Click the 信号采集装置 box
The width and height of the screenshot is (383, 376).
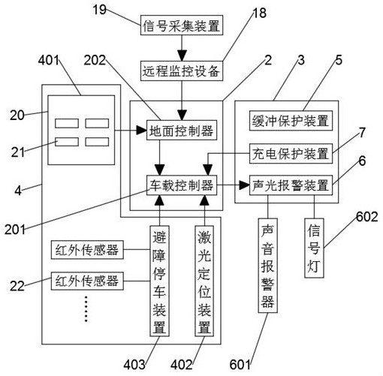(x=182, y=26)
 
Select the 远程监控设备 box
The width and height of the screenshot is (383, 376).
(x=182, y=71)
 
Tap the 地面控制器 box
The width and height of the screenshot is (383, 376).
(x=182, y=130)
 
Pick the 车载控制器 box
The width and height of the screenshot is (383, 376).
(x=182, y=185)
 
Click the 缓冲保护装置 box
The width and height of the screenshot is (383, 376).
(x=291, y=121)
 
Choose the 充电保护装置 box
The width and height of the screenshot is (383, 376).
(x=291, y=154)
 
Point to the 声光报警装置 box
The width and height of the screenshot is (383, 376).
(x=291, y=185)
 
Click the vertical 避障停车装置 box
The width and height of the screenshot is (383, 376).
(x=159, y=281)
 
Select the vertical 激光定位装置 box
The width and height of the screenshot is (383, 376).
(x=204, y=281)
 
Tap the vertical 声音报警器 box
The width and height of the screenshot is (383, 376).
(x=268, y=266)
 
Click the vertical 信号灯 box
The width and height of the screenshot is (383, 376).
(x=314, y=248)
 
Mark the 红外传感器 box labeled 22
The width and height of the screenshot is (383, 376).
(x=87, y=281)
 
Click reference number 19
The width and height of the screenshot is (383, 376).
(x=100, y=10)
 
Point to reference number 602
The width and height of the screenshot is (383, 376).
(x=367, y=217)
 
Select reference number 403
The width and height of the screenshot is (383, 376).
(x=134, y=365)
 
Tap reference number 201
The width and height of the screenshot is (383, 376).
(x=15, y=230)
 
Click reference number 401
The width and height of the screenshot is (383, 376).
(x=49, y=60)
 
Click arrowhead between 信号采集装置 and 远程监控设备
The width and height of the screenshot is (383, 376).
(x=182, y=56)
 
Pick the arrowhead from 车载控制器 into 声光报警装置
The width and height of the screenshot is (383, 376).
(x=244, y=185)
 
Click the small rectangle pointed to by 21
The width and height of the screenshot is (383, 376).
(x=67, y=142)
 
